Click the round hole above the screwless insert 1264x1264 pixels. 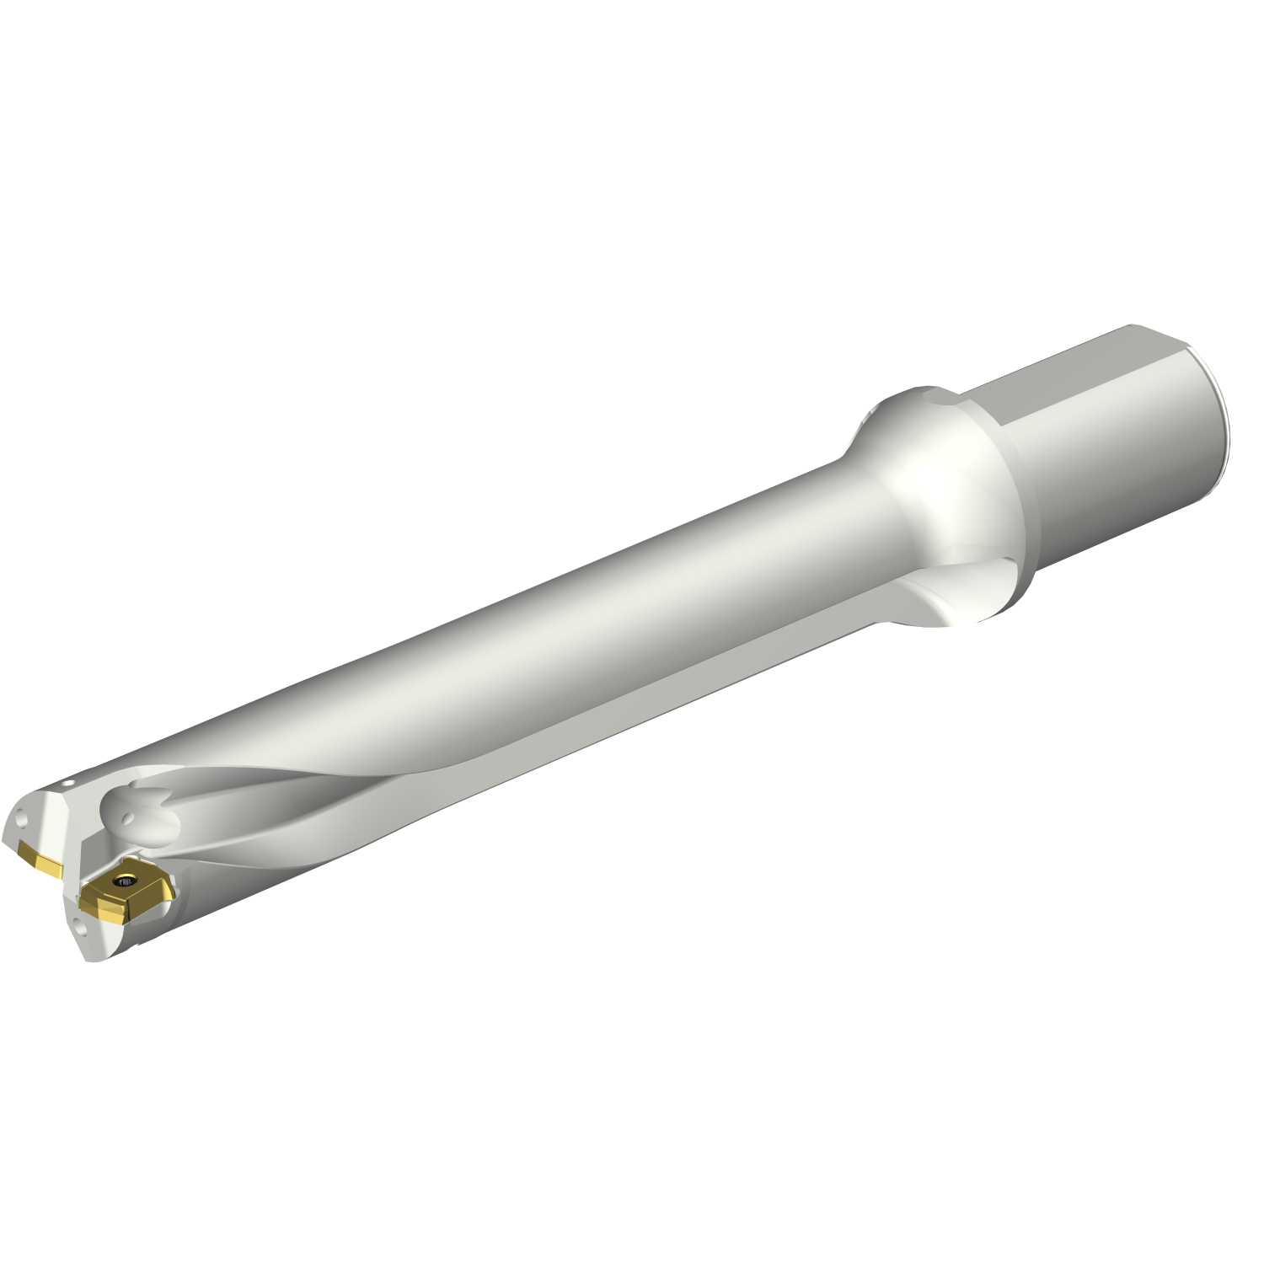click(x=22, y=818)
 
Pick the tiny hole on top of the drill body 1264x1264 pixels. click(x=72, y=782)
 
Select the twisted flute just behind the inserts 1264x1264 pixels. click(x=278, y=809)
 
